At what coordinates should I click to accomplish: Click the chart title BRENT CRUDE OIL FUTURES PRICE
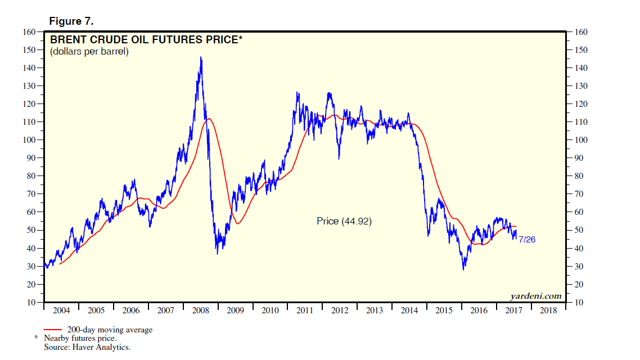click(x=146, y=40)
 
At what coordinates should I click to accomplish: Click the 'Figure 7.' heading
click(x=71, y=21)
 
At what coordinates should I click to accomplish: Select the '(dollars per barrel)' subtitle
click(x=89, y=52)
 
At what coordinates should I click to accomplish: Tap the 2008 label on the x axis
click(x=200, y=310)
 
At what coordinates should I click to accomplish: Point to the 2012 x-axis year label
click(x=340, y=310)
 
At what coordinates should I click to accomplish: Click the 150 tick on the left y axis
click(x=28, y=50)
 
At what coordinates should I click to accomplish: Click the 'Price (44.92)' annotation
click(x=344, y=222)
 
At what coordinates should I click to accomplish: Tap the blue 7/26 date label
click(x=527, y=240)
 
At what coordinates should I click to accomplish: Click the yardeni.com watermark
click(x=536, y=296)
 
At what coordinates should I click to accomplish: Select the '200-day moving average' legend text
click(x=110, y=330)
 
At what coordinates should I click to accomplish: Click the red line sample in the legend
click(x=53, y=330)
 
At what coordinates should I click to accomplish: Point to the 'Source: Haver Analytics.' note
click(x=87, y=348)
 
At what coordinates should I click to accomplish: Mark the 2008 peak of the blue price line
click(x=201, y=57)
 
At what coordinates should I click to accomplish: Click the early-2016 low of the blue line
click(x=464, y=269)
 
